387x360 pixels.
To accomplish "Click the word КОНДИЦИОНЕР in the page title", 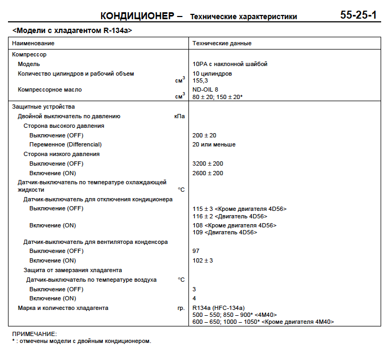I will (x=137, y=16).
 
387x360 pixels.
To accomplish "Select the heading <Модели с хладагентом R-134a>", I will (x=72, y=31).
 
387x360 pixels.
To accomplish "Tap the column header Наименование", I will (x=34, y=43).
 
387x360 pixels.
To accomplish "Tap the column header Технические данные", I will (x=222, y=43).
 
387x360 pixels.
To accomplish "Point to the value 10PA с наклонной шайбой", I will (x=229, y=64).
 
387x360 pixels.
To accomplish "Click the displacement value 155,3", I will (x=200, y=80).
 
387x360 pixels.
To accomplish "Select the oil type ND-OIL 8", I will (x=205, y=89).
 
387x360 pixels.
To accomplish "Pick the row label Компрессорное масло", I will (x=50, y=89).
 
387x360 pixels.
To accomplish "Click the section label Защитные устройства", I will (x=44, y=107).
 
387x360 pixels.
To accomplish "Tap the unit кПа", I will (x=179, y=116).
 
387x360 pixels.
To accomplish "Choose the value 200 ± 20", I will (x=204, y=135).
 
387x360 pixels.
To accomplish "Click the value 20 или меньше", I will (x=214, y=144).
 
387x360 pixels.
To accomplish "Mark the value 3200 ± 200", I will (x=208, y=163).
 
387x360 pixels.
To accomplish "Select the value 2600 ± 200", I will (x=208, y=173).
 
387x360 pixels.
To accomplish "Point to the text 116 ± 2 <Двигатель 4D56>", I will (x=229, y=216).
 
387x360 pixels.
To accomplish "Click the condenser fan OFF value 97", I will (x=196, y=250).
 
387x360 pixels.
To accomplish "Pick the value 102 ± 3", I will (x=202, y=260).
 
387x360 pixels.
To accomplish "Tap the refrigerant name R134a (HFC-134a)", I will (x=218, y=308).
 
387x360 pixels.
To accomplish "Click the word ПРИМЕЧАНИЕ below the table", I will (x=34, y=334).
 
